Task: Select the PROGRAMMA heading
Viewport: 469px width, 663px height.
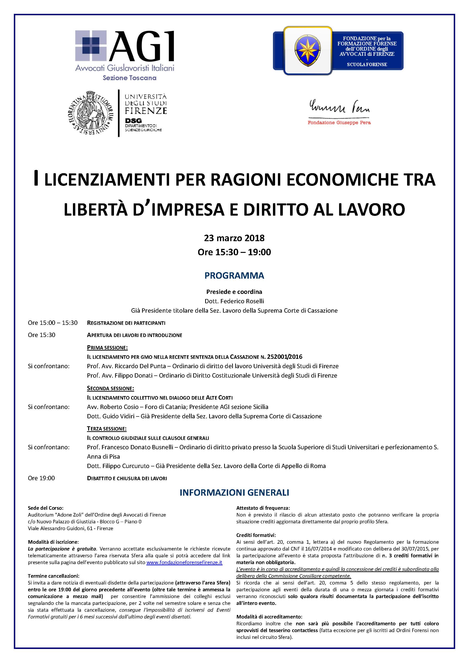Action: (x=234, y=275)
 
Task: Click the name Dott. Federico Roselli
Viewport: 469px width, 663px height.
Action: (x=234, y=301)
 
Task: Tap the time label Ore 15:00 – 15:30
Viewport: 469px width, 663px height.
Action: (x=53, y=323)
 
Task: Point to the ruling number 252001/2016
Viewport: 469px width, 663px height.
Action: (x=285, y=357)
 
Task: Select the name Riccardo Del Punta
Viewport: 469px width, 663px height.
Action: (x=140, y=366)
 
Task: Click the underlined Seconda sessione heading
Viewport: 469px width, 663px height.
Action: (x=110, y=388)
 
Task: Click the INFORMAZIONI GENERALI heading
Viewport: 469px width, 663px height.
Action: (x=234, y=493)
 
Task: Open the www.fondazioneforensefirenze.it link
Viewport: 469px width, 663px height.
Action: (x=184, y=562)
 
